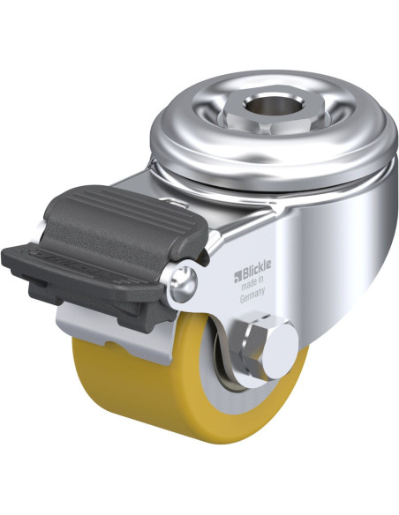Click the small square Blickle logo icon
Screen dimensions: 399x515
[x=237, y=277]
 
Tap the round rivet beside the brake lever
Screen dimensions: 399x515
[x=184, y=281]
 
